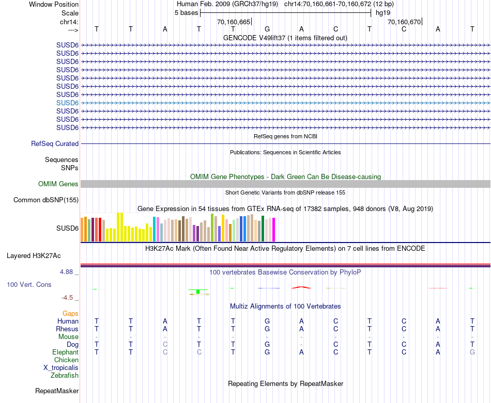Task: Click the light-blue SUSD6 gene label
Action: coord(67,103)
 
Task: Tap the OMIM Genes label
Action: coord(58,184)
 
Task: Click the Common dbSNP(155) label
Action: coord(46,200)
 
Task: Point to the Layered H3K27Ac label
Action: coord(34,256)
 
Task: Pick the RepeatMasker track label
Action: coord(57,391)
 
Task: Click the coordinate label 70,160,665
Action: coord(234,22)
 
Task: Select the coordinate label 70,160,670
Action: coord(404,22)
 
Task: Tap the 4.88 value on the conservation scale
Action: coord(67,272)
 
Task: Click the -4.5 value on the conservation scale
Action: coord(68,298)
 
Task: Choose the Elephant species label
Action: coord(65,352)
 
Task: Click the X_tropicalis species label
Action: coord(61,368)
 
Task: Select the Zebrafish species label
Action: coord(65,376)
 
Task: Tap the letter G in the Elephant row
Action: coord(472,352)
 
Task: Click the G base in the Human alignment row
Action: coord(267,321)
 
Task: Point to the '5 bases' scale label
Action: coord(186,12)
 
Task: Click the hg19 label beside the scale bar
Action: coord(383,12)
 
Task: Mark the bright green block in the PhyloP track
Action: coord(197,292)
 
